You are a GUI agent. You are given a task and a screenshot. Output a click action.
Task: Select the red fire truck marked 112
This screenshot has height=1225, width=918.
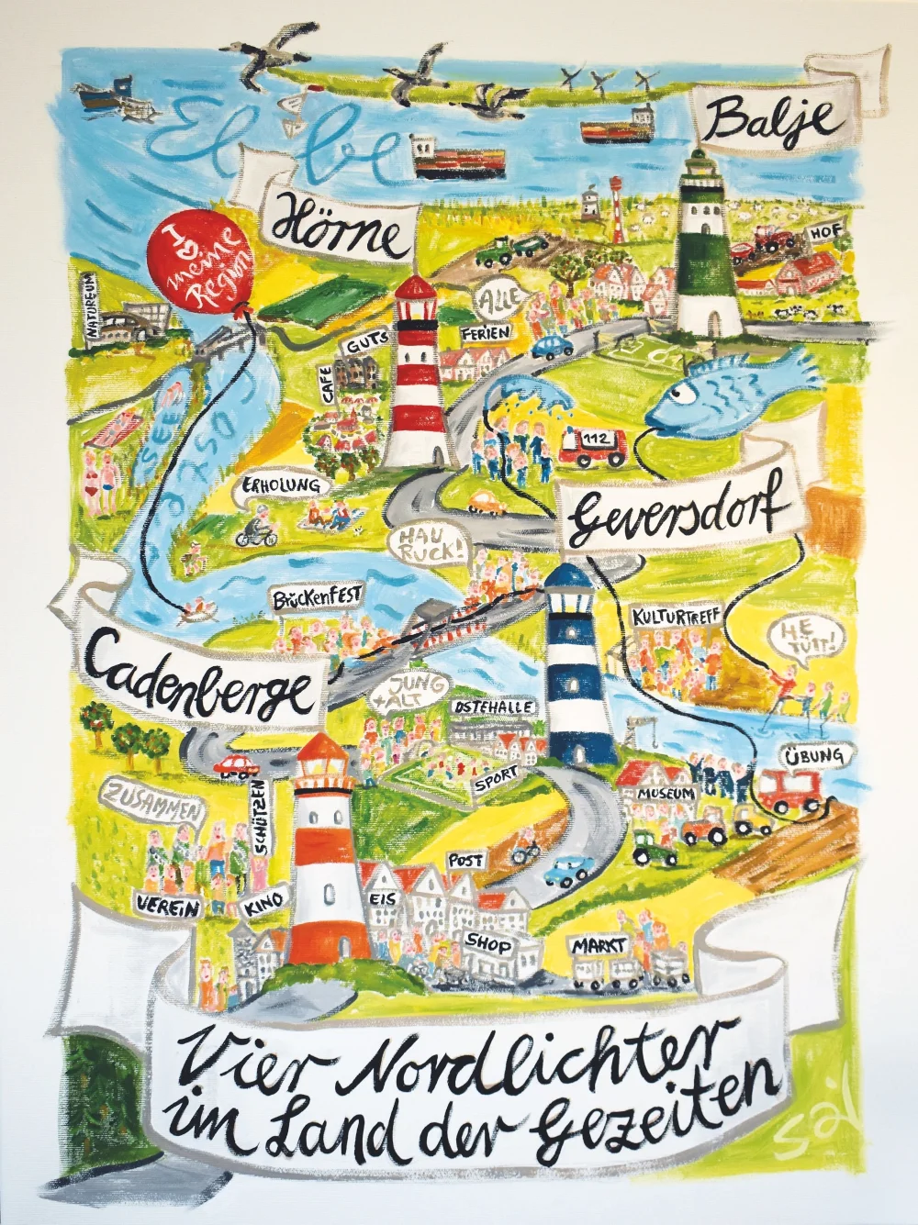pos(591,445)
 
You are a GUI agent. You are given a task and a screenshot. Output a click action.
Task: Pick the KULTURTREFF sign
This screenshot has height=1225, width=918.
pos(677,616)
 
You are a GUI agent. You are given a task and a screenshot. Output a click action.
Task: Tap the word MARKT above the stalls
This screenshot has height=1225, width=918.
pos(599,945)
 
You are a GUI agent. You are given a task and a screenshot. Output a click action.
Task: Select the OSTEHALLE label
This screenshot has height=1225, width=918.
pos(493,708)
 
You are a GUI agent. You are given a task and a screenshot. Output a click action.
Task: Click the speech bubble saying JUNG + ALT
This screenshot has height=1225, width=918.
pos(416,692)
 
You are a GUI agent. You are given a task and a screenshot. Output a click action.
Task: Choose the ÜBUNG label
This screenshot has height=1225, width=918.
pos(814,756)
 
